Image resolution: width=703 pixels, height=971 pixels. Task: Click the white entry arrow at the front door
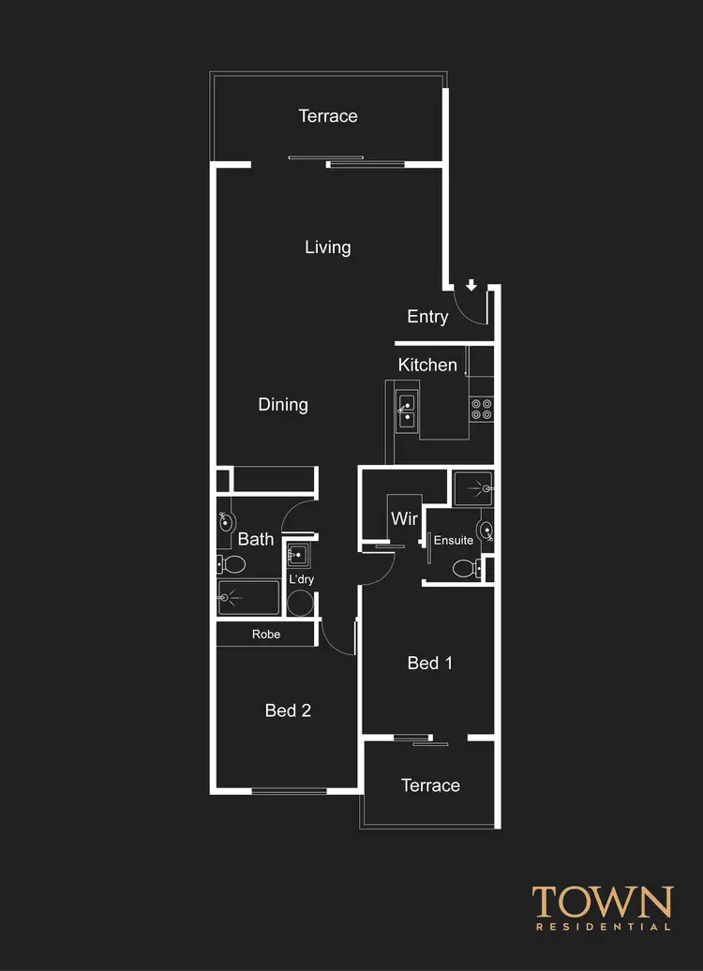[471, 286]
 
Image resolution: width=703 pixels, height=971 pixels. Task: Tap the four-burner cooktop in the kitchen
[482, 409]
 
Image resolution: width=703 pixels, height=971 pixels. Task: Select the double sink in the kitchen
[407, 411]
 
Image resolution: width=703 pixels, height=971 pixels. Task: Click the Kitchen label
[427, 365]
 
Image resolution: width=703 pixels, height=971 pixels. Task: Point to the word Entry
[427, 317]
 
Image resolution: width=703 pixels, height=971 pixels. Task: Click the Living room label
[327, 247]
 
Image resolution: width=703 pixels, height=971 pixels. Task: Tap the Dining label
[283, 405]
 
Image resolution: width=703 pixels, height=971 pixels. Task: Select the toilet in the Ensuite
[464, 567]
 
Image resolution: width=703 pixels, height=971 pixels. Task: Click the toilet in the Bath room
[232, 564]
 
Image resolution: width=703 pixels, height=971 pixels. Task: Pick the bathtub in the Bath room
[248, 597]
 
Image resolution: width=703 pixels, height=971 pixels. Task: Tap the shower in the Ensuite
[473, 487]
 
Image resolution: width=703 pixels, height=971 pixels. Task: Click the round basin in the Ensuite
[486, 531]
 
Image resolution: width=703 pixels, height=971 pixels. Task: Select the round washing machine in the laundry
[300, 603]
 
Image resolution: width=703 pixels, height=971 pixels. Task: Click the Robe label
[266, 635]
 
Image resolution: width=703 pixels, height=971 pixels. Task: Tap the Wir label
[404, 518]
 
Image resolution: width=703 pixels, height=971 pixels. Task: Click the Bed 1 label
[430, 664]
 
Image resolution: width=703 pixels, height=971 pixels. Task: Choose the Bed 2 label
[288, 710]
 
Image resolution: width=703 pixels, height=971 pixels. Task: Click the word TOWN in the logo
[603, 903]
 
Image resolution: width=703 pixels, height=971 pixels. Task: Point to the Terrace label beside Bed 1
[430, 785]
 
